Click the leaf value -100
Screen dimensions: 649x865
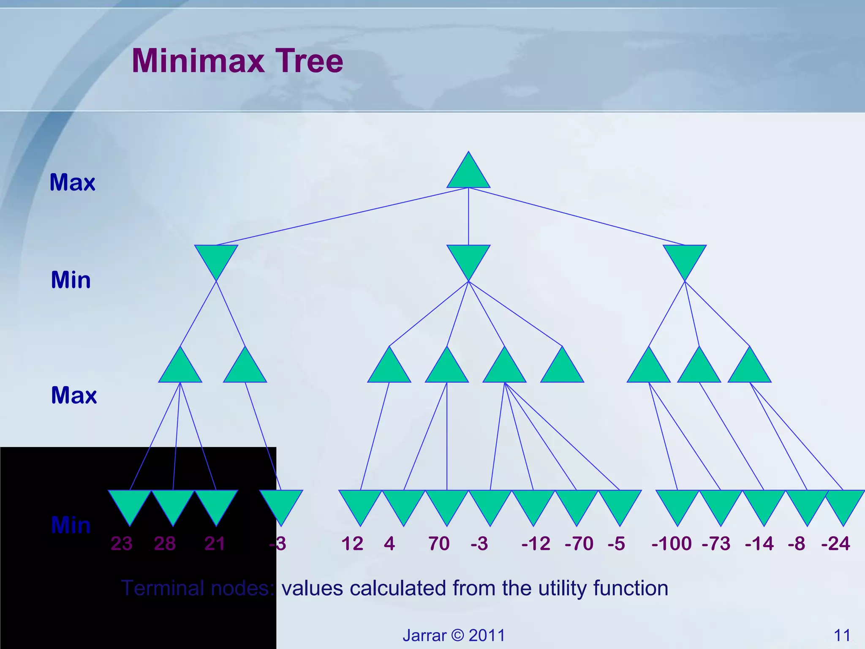coord(671,543)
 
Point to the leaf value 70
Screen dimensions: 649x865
coord(439,543)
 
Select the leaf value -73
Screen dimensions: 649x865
coord(716,543)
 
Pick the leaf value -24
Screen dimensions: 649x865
coord(835,543)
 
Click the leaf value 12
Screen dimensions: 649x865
coord(352,543)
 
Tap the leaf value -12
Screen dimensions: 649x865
coord(536,543)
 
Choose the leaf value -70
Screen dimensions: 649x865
coord(579,543)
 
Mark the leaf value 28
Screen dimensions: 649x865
coord(165,543)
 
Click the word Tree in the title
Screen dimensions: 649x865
coord(309,61)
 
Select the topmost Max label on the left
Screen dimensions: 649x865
coord(72,183)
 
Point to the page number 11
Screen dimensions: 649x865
coord(842,635)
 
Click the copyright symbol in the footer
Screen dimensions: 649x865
coord(457,635)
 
